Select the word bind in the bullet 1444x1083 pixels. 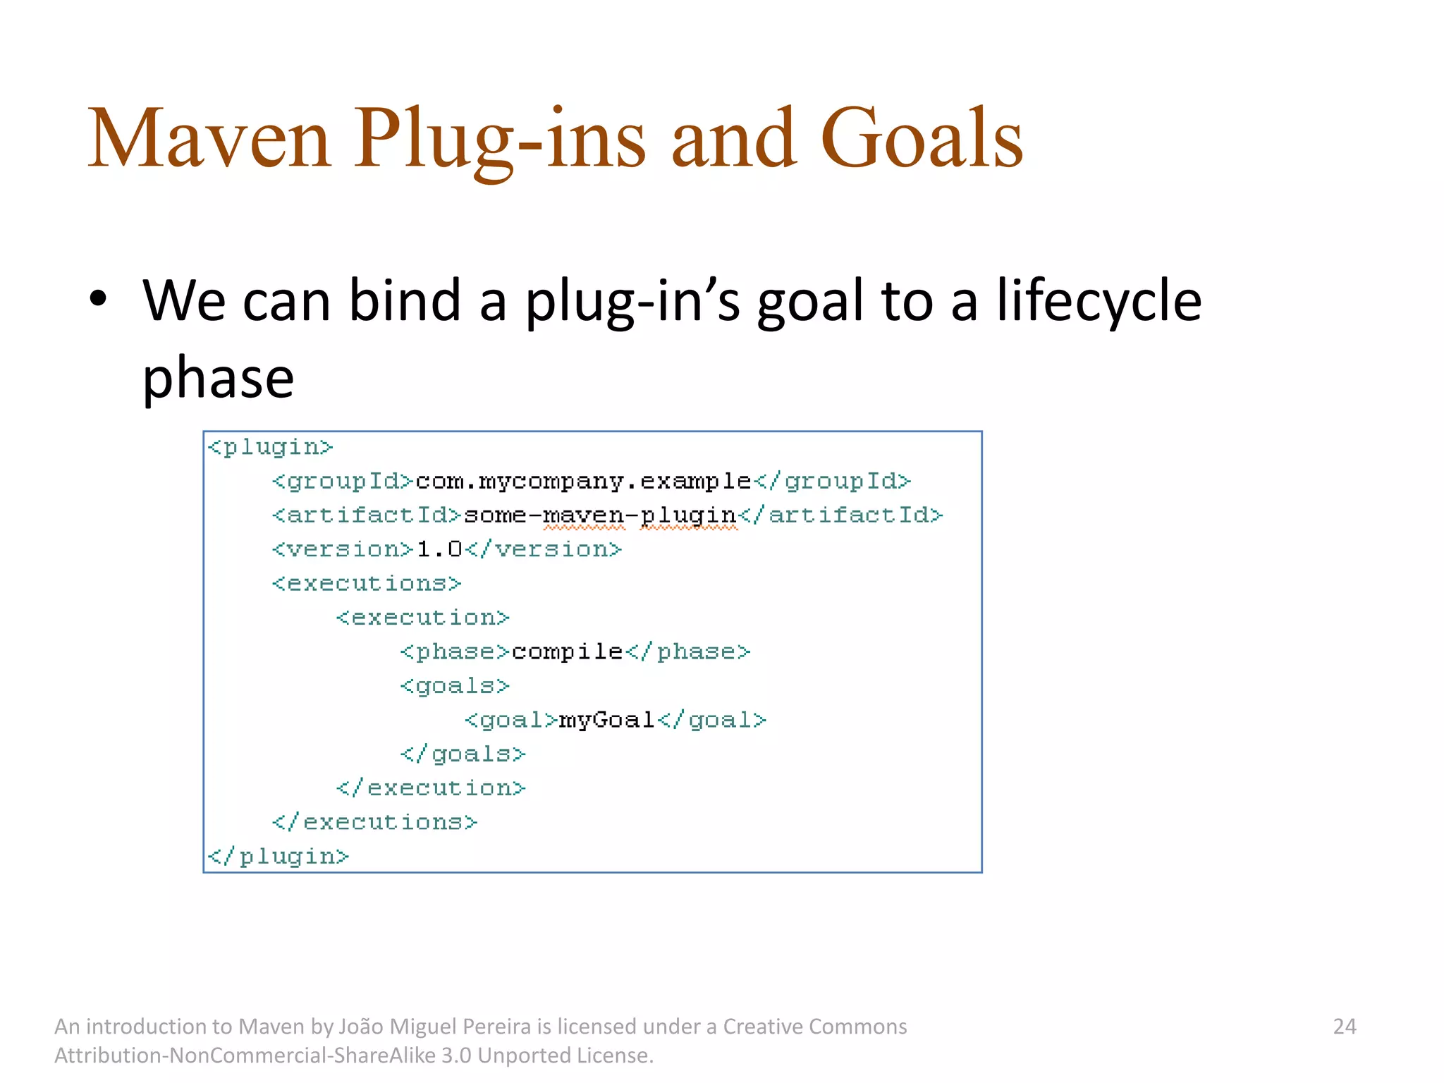405,301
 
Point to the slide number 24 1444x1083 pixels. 1344,1026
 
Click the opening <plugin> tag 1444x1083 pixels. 270,447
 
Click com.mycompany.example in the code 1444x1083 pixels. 583,482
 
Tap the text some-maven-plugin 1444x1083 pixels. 600,515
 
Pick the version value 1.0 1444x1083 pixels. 439,549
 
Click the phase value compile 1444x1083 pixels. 567,651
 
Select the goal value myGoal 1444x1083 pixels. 606,720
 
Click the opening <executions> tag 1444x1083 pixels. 367,583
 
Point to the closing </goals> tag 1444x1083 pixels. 463,754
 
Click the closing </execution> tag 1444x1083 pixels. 431,788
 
